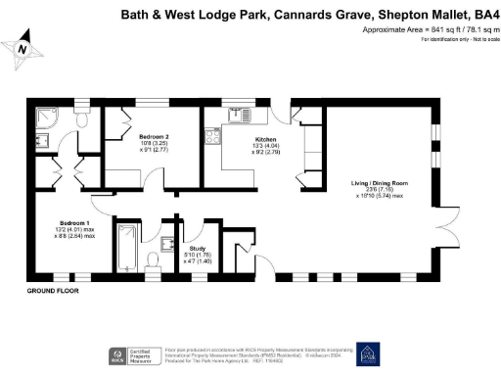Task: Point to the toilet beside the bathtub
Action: coord(153,259)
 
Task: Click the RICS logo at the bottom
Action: coord(116,354)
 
